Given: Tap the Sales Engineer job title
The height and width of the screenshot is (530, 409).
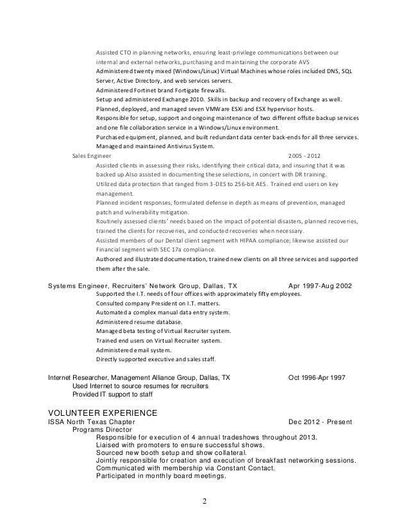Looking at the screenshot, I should [x=91, y=155].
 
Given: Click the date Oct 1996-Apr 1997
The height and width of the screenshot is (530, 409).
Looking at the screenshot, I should [x=317, y=377].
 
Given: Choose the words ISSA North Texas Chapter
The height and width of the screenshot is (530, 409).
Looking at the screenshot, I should [x=92, y=422].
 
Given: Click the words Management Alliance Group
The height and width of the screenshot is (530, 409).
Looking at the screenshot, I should [x=158, y=377].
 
